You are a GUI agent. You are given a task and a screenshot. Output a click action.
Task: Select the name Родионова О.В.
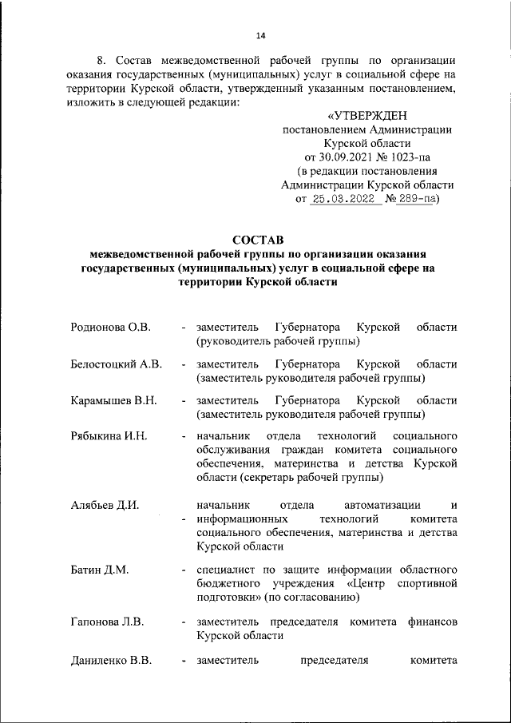click(111, 328)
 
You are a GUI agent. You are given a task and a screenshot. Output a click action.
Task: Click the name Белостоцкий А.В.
click(117, 364)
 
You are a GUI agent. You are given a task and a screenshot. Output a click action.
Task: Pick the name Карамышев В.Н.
click(113, 400)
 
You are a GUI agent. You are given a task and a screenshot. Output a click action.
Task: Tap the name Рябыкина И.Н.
click(109, 436)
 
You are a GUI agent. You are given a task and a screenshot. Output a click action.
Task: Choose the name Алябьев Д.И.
click(105, 504)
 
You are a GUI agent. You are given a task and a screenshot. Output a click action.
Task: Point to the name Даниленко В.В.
click(111, 660)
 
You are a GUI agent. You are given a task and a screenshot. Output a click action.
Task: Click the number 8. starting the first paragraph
click(100, 61)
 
